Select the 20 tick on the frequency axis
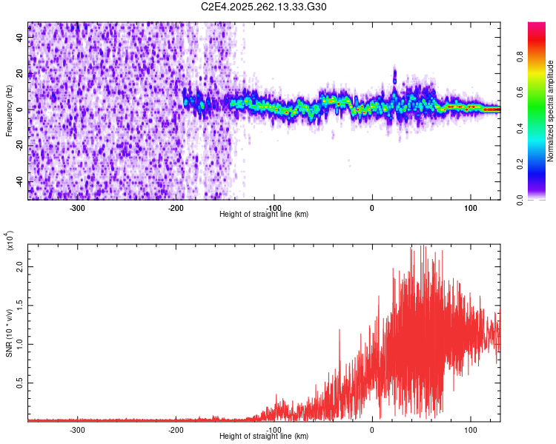point(20,73)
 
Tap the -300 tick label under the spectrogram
point(78,208)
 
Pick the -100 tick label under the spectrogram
point(274,208)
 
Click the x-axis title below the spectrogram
point(264,215)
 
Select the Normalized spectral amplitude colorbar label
point(551,111)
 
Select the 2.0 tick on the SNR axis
point(20,266)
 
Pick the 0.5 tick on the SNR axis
point(20,383)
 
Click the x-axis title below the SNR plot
point(264,437)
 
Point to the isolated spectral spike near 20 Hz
point(394,74)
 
